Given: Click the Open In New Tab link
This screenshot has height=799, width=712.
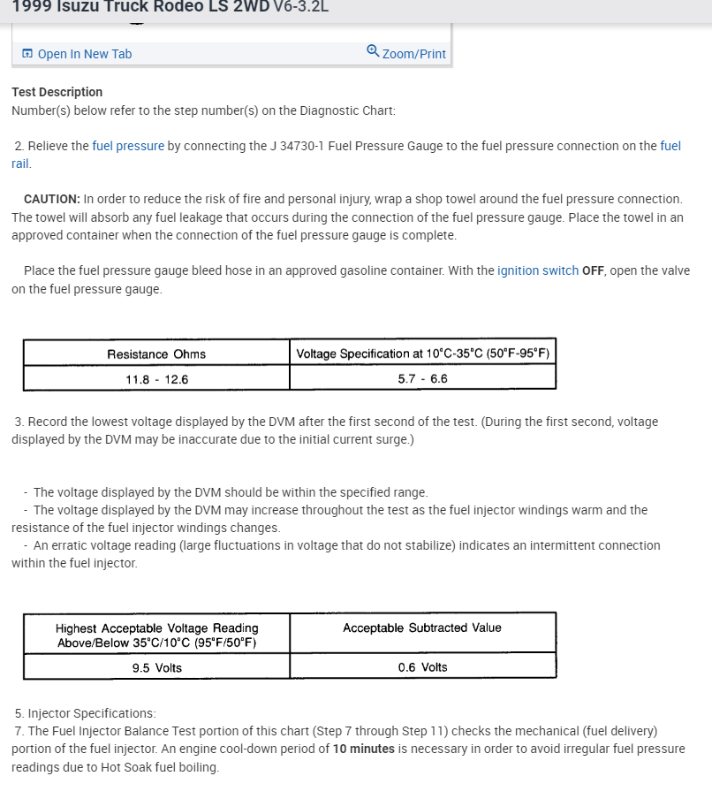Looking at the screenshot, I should click(84, 54).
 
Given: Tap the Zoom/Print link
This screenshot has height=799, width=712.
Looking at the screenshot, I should click(413, 54).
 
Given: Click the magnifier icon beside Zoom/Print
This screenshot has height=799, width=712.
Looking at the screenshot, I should click(373, 51).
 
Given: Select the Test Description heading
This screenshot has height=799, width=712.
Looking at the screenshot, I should click(57, 92).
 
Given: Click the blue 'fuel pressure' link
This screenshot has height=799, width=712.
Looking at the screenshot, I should click(128, 146).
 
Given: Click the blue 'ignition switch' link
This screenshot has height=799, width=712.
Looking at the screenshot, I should click(538, 270).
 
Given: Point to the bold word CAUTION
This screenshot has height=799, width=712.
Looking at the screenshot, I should click(51, 199).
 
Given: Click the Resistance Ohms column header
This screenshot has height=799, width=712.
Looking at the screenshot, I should click(156, 354).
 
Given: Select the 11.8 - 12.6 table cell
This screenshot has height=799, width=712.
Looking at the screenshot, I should click(156, 378).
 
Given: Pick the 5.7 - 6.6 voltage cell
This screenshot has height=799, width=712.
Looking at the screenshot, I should click(422, 378).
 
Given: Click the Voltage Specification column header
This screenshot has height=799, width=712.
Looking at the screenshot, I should click(422, 354).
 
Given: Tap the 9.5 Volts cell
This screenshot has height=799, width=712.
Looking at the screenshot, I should click(156, 667).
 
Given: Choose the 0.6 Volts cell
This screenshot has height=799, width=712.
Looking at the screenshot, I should click(422, 667).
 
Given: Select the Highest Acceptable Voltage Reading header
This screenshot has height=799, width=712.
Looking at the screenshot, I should click(156, 635).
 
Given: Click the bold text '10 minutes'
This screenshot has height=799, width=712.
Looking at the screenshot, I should click(363, 749).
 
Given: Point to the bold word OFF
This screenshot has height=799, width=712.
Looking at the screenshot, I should click(594, 270).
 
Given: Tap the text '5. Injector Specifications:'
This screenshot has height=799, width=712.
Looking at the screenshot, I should click(85, 712).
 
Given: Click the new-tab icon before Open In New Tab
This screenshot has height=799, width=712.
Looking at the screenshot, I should click(27, 54).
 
